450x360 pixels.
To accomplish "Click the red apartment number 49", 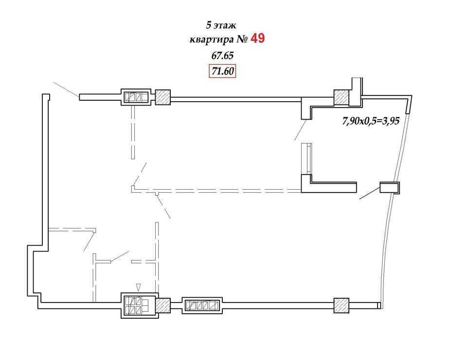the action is [257, 38].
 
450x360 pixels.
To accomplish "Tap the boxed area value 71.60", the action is [222, 71].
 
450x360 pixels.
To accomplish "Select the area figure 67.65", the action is [222, 55].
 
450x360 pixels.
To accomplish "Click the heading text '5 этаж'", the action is [221, 25].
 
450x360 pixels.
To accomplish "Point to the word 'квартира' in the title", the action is [212, 39].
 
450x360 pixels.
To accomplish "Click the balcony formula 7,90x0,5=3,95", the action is [371, 121].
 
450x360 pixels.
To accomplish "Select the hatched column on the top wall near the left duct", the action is [162, 97].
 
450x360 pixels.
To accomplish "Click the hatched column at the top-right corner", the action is [341, 97].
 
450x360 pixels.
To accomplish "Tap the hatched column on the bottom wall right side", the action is [341, 306].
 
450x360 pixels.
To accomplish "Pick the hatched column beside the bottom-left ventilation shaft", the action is [162, 306].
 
